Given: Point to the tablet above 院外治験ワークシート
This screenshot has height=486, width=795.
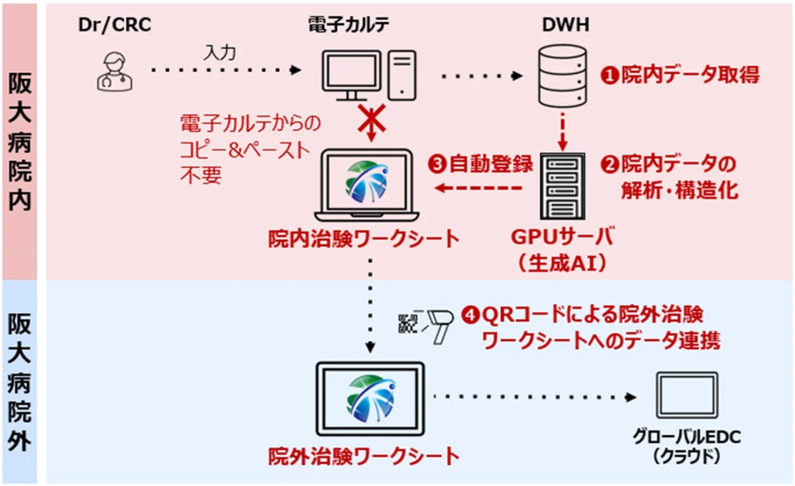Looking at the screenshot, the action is coord(370,398).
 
